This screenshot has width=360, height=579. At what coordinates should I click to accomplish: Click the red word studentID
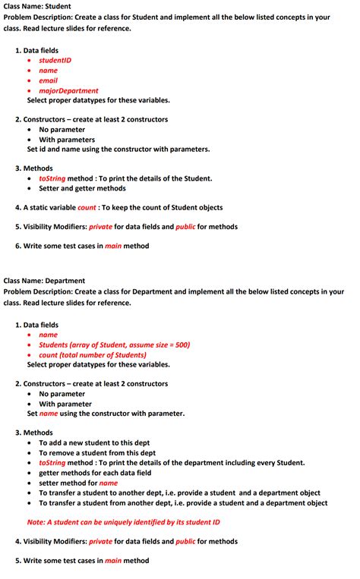tap(55, 60)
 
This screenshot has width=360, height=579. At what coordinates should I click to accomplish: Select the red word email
tap(48, 80)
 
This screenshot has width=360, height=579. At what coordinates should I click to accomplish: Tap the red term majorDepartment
tap(68, 90)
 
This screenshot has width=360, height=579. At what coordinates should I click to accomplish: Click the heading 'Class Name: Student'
tap(37, 7)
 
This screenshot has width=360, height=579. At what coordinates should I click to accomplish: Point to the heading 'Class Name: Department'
tap(44, 281)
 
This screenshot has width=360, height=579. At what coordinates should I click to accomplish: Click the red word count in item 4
tap(87, 208)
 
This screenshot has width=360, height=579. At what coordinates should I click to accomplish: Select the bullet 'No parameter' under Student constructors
tap(62, 129)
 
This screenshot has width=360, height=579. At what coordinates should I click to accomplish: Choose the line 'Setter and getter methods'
tap(82, 188)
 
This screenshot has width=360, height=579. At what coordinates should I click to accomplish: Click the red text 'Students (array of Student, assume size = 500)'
tap(114, 345)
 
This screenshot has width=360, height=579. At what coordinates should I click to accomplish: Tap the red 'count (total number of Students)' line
tap(92, 354)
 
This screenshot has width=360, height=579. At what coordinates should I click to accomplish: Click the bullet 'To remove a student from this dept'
tap(97, 452)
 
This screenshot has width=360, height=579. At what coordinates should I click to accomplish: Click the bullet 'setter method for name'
tap(78, 483)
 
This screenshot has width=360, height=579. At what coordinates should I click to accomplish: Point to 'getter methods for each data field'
tap(95, 473)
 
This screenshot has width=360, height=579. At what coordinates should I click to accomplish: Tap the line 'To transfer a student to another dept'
tap(179, 492)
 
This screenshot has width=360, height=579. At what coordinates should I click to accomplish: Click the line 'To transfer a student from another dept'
tap(183, 502)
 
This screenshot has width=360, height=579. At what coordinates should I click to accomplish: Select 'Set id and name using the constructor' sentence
tap(118, 149)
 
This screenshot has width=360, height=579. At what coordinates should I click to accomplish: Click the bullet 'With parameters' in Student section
tap(67, 140)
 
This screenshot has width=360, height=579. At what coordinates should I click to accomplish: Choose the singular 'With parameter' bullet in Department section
tap(65, 404)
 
